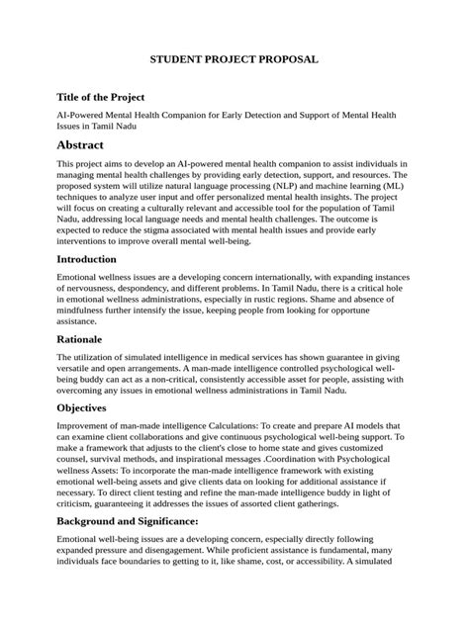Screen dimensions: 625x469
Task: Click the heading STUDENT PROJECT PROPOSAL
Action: pyautogui.click(x=234, y=60)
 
